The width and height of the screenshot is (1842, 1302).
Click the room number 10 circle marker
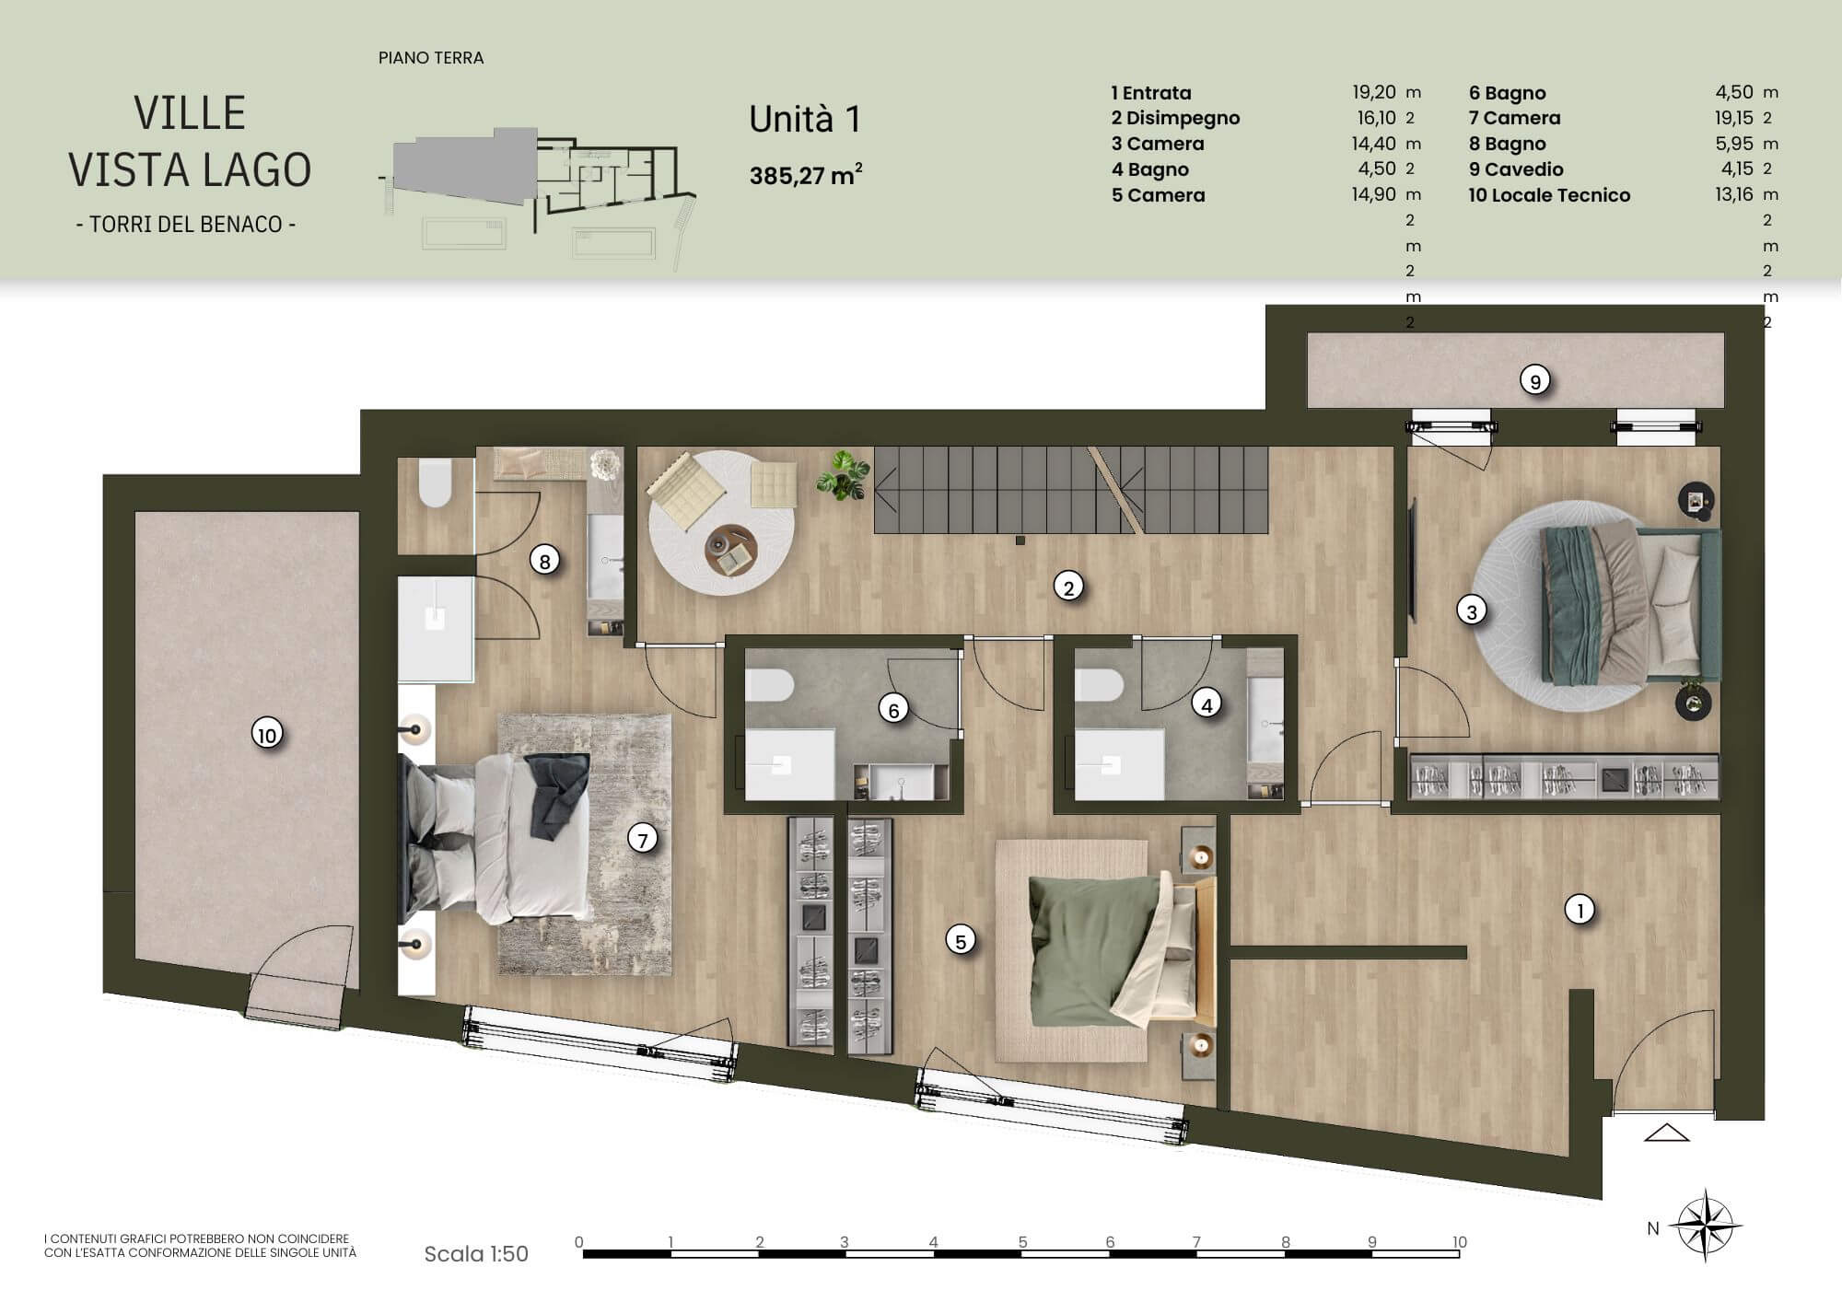[267, 735]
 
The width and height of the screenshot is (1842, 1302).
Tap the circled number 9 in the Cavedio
[1534, 380]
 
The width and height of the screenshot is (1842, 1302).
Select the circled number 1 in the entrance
[1580, 910]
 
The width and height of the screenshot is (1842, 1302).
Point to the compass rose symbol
[1707, 1226]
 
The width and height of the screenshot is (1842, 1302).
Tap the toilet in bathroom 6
[769, 685]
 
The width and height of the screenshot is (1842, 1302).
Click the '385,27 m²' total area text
[806, 175]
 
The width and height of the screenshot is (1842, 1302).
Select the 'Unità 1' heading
[805, 120]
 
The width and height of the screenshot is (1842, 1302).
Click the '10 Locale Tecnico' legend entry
[1549, 195]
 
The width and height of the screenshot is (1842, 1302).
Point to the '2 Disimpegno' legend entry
[1175, 118]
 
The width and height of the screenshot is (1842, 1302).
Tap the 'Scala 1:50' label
[476, 1253]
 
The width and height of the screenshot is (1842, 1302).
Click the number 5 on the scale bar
[1022, 1242]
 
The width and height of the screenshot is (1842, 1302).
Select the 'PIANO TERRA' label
[431, 58]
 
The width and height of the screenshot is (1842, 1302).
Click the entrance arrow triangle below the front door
[1667, 1133]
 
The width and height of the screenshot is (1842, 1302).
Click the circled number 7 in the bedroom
[642, 839]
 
